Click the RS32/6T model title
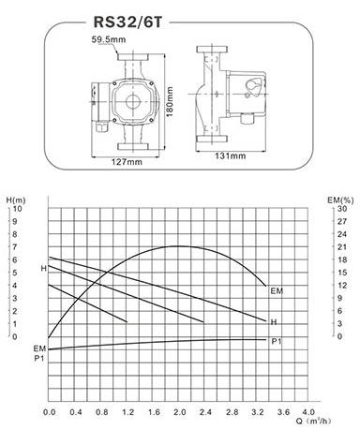pos(127,22)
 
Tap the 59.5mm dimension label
pos(109,39)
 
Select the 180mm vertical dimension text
pos(170,102)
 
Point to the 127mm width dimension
pos(127,162)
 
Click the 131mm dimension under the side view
pos(231,155)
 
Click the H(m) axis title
pos(16,200)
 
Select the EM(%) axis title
pos(340,200)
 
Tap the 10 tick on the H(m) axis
pos(18,209)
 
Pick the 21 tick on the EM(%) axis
pos(342,247)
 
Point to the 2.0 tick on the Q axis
pos(179,412)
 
